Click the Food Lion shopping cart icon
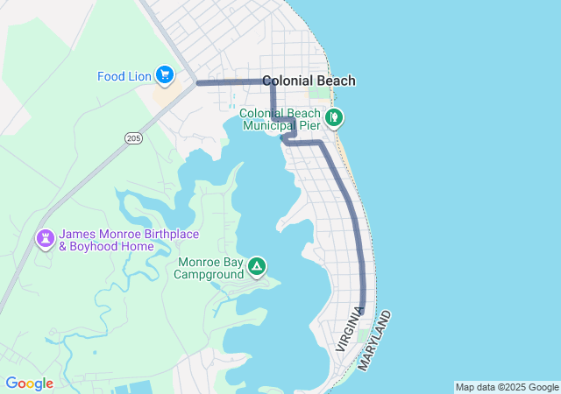point(164,75)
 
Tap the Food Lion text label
point(124,76)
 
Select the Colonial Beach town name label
point(309,81)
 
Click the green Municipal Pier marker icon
point(333,116)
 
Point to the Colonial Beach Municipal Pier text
point(280,120)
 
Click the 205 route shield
point(133,137)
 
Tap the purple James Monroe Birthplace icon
point(45,238)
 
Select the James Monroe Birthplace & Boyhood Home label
point(117,241)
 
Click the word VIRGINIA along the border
point(349,329)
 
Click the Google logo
point(30,383)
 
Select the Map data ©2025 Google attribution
point(507,387)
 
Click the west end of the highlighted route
point(198,83)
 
